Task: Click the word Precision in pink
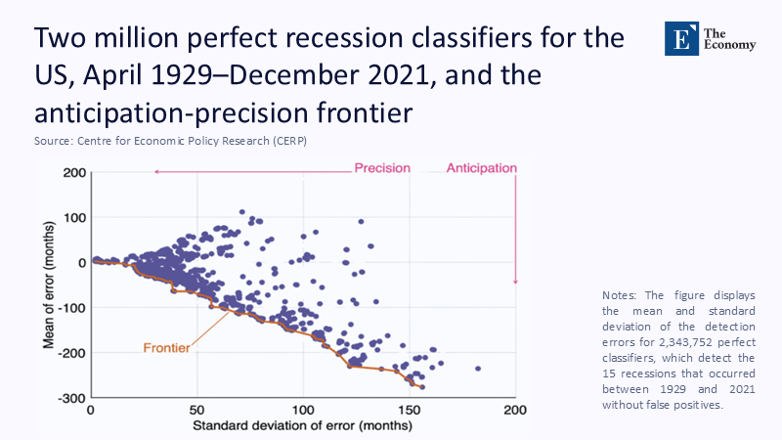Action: (x=381, y=168)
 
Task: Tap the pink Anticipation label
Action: (x=481, y=168)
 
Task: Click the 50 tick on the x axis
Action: (x=196, y=412)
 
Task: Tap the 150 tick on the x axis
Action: (x=410, y=412)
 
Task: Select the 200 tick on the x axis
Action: (x=515, y=412)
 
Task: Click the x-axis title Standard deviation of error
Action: (x=303, y=426)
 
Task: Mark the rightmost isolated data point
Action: (x=478, y=369)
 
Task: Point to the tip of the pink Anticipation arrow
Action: (x=515, y=284)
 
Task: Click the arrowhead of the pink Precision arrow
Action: (x=154, y=172)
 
